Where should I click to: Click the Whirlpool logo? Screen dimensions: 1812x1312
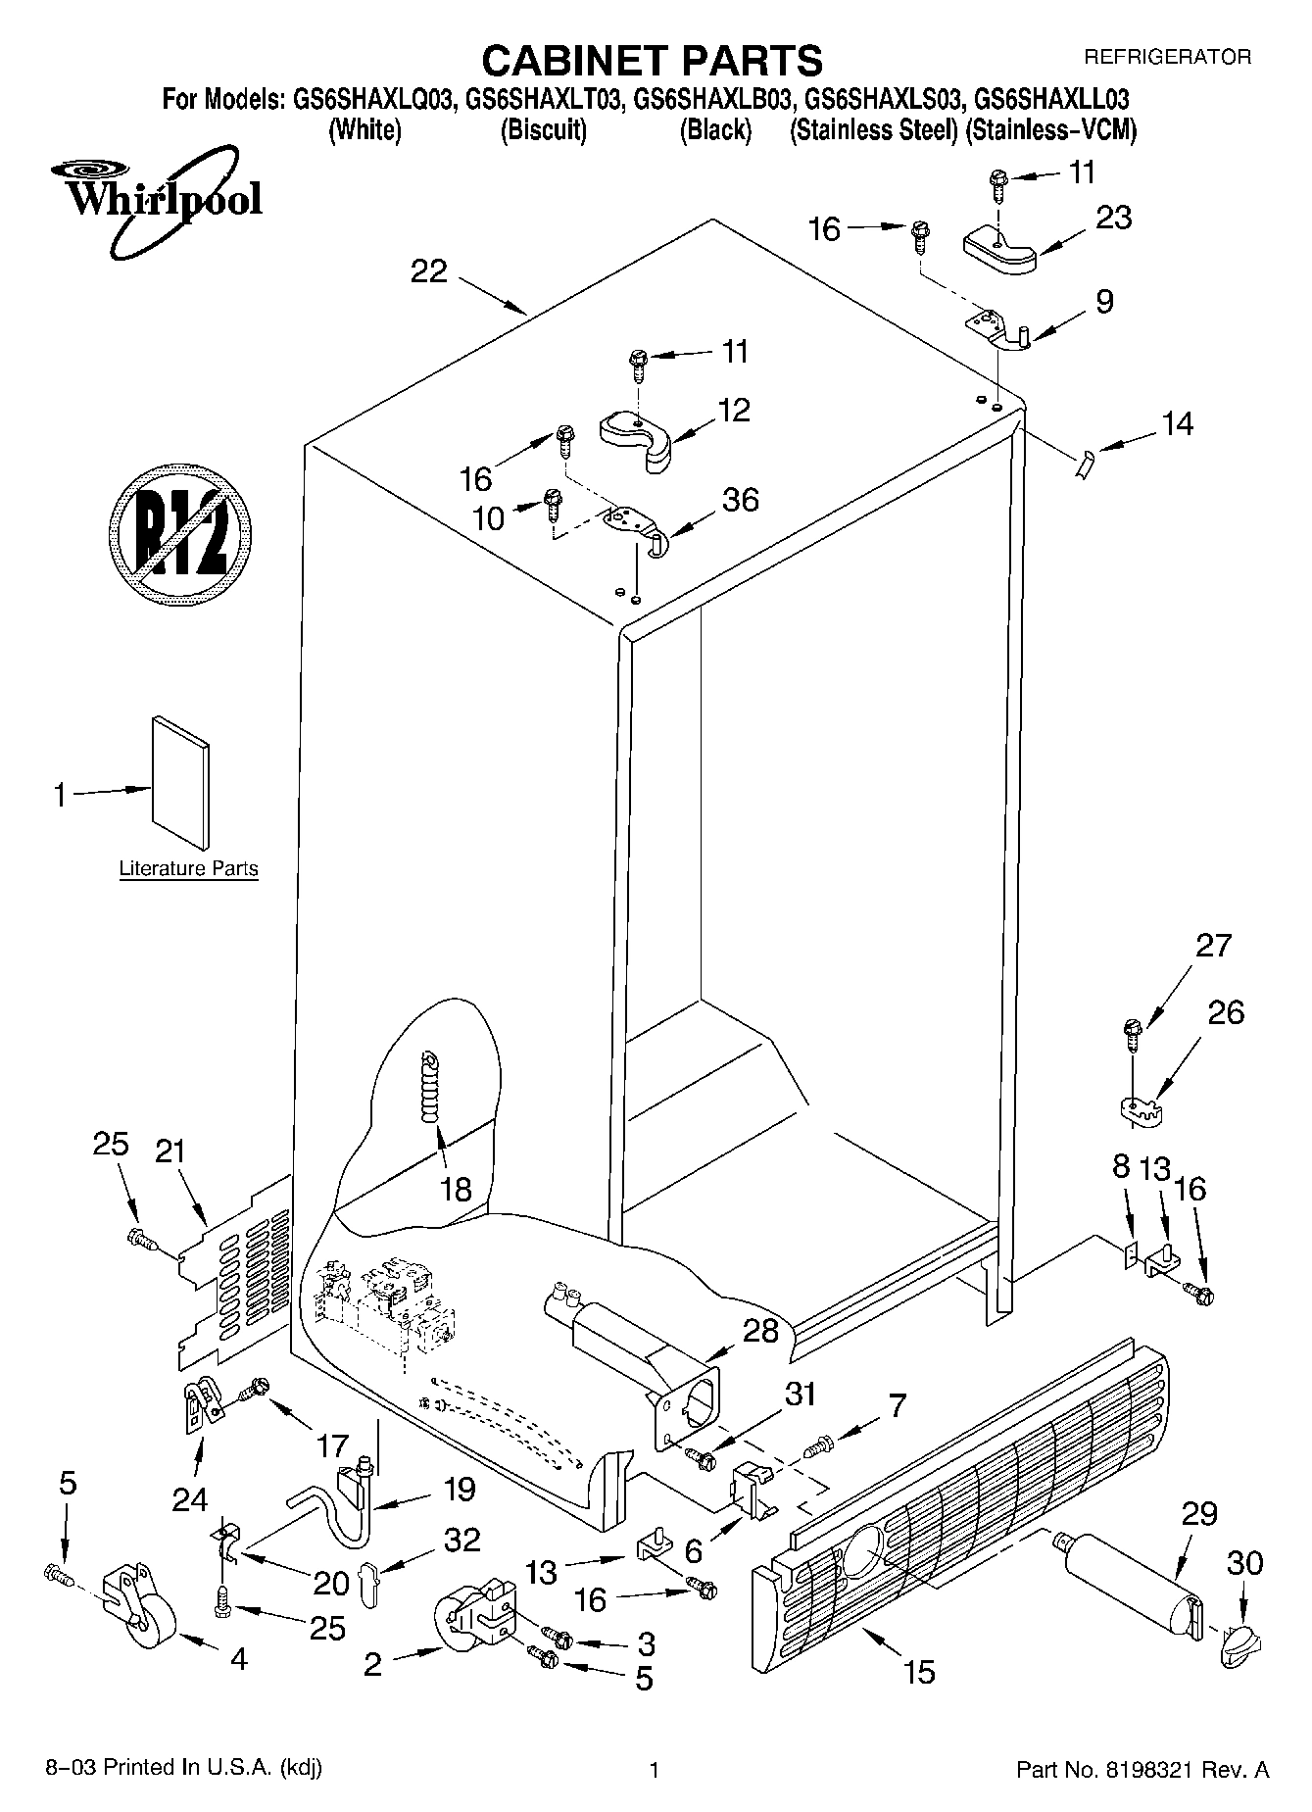click(157, 201)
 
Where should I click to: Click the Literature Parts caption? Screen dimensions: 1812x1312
click(188, 868)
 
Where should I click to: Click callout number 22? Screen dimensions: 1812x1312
click(429, 271)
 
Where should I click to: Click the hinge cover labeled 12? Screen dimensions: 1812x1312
click(637, 438)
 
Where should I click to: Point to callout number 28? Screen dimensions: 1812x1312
click(761, 1330)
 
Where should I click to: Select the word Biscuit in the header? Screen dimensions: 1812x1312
click(544, 130)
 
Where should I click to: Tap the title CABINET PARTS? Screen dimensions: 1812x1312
click(652, 61)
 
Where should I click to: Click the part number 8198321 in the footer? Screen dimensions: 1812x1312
click(1177, 1769)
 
